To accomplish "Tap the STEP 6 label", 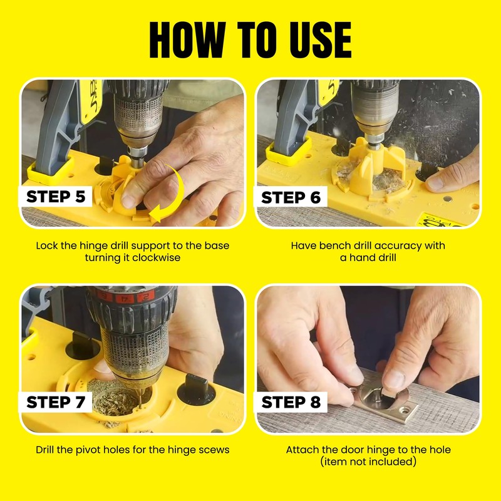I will tap(291, 197).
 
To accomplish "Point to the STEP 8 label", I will tap(291, 402).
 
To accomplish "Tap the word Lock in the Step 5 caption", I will tap(47, 245).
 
